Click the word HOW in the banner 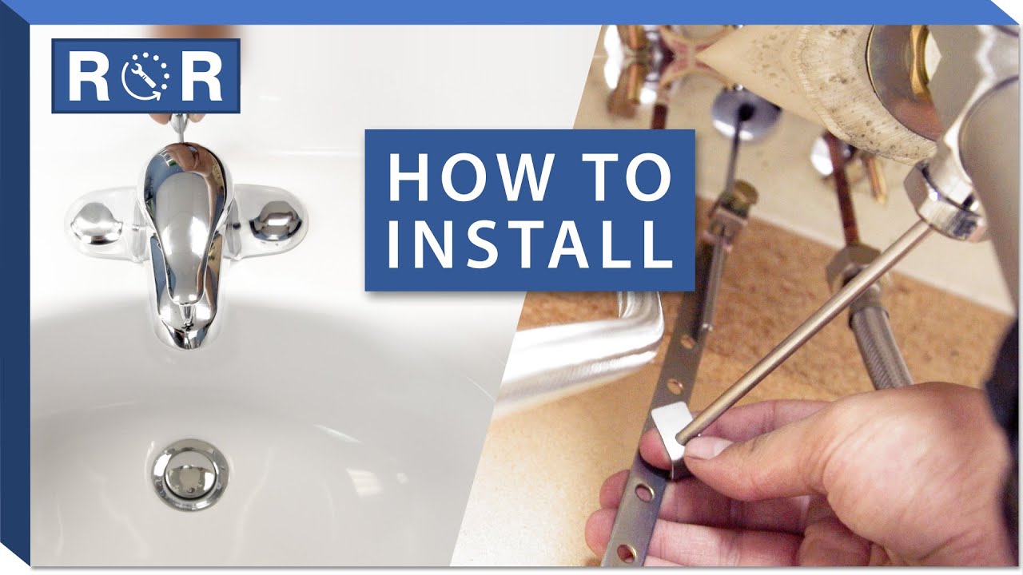(472, 176)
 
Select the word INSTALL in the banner (531, 245)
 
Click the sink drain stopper (188, 475)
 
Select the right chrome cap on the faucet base (276, 222)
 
